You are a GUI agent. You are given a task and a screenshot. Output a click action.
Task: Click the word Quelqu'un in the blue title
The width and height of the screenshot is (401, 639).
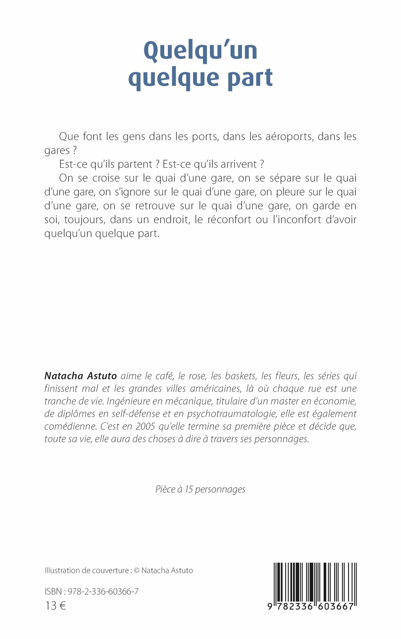click(200, 51)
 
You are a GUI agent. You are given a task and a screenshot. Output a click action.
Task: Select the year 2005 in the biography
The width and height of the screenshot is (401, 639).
click(146, 426)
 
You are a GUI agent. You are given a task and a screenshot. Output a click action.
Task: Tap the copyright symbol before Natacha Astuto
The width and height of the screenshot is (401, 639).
click(137, 571)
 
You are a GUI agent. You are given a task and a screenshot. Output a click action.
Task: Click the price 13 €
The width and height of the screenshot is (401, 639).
click(56, 606)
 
